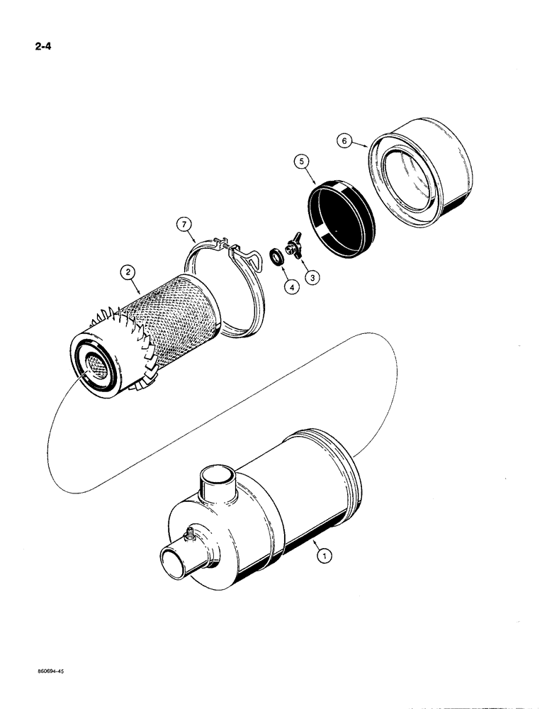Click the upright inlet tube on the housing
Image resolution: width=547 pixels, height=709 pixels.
click(x=220, y=483)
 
